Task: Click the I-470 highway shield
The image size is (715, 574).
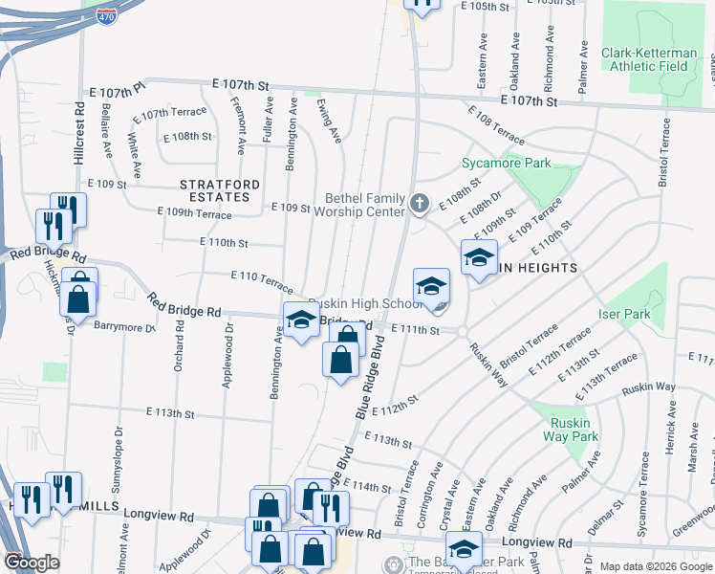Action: [x=107, y=16]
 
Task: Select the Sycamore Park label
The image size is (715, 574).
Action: [x=506, y=164]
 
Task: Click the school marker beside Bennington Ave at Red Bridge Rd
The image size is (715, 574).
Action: [x=301, y=319]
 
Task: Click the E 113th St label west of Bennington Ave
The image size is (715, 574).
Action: [x=170, y=414]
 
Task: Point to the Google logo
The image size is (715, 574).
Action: [x=32, y=563]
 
